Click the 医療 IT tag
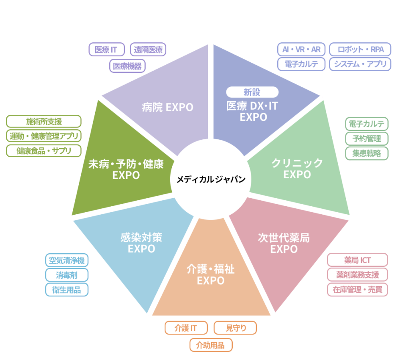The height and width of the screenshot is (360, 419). [107, 50]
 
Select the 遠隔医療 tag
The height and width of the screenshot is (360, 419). [148, 50]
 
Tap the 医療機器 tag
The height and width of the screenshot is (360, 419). [127, 66]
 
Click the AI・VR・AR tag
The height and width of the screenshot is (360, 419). [301, 50]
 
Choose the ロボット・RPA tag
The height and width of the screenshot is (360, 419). [360, 50]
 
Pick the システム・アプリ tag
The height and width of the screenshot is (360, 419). [360, 64]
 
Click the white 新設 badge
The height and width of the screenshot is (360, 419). [253, 92]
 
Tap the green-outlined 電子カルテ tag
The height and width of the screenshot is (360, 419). [367, 124]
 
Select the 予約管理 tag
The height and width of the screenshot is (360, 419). [367, 138]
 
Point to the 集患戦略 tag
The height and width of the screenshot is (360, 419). [367, 153]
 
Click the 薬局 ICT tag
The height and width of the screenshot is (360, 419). [357, 260]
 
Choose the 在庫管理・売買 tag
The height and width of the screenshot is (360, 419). [357, 289]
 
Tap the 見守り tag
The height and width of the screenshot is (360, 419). [235, 328]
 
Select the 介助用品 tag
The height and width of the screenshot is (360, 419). [211, 345]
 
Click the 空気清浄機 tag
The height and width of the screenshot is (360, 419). [67, 260]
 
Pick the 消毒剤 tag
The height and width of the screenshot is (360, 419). [67, 275]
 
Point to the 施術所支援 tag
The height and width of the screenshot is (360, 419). [44, 122]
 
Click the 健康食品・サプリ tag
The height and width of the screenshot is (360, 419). [44, 150]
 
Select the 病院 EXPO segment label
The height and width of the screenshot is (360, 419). [167, 107]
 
